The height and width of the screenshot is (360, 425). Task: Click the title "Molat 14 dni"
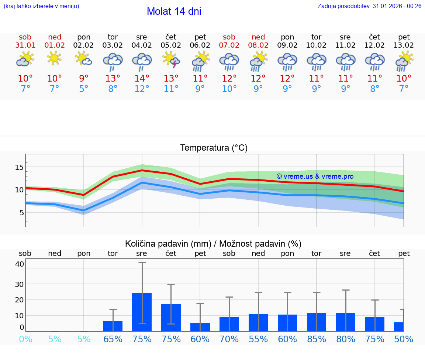174,11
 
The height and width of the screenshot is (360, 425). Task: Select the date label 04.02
142,45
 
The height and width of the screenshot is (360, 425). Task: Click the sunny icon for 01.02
54,58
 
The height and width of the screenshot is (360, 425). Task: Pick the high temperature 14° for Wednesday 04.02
142,79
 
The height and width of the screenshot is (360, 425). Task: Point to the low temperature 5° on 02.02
84,89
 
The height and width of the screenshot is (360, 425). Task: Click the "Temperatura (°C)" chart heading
214,148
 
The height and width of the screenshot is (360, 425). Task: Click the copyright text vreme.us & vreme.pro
315,176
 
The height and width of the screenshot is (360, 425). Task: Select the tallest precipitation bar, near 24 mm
142,312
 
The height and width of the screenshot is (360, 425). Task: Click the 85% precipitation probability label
317,339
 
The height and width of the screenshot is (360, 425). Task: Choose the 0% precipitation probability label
25,339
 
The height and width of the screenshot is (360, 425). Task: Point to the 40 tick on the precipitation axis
20,264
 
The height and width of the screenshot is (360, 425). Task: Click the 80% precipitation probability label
346,339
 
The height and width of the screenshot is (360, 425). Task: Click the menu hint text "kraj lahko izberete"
41,6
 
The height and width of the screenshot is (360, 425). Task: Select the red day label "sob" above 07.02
229,37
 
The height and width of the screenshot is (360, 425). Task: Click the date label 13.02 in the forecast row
404,45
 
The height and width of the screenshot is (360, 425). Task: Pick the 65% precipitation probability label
113,339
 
